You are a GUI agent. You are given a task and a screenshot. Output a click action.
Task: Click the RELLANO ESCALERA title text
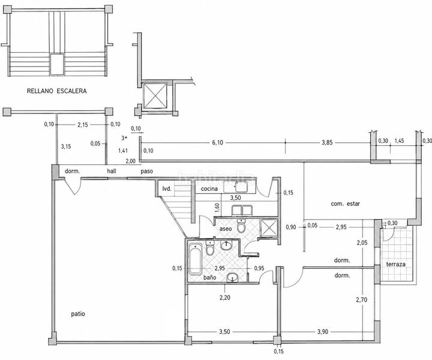56,91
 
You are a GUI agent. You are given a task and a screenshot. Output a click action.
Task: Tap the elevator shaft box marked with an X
155,95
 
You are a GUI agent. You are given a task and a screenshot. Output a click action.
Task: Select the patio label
78,314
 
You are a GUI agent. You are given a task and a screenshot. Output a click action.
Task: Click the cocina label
209,189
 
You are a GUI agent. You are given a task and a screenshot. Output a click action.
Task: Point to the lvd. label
167,189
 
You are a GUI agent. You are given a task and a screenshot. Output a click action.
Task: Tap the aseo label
226,229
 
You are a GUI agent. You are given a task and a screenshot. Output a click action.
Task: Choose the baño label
209,278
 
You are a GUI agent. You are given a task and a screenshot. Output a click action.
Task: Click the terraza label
396,264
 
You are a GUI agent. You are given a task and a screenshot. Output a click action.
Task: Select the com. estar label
345,204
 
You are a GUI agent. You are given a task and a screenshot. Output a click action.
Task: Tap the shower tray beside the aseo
269,227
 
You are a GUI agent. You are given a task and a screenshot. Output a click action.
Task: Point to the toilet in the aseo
241,226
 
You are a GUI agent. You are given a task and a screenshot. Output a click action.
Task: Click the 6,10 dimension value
218,143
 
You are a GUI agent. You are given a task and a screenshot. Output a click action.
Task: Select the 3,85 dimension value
327,143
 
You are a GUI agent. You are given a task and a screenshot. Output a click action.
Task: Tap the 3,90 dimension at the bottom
323,332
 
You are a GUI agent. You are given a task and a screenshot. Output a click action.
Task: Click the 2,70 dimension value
361,299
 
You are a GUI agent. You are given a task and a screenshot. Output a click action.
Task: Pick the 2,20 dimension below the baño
225,298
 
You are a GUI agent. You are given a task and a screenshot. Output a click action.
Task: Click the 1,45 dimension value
399,141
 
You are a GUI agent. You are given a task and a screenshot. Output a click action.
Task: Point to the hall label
112,172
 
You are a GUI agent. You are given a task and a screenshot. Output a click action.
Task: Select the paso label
146,172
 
